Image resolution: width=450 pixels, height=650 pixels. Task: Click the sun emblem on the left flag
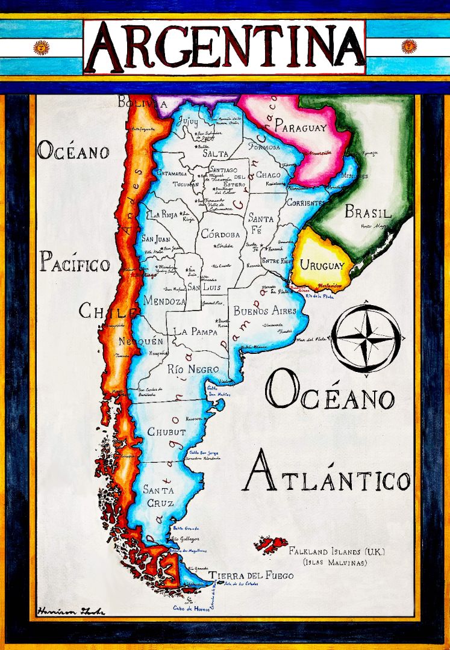click(41, 47)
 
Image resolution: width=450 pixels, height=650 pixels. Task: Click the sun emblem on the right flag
click(409, 46)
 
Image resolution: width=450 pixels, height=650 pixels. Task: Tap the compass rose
click(366, 338)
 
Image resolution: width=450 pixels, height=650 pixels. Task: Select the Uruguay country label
click(322, 265)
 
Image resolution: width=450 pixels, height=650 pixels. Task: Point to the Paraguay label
click(301, 128)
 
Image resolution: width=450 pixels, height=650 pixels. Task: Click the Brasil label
click(367, 212)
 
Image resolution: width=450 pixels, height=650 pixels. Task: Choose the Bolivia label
click(142, 104)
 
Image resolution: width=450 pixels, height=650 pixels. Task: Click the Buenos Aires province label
click(265, 311)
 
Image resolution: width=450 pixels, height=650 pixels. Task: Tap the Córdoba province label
click(220, 234)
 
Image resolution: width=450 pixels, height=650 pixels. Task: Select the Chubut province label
click(167, 432)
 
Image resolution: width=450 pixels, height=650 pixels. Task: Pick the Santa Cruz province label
click(159, 497)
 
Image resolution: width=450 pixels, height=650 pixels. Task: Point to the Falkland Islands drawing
click(270, 545)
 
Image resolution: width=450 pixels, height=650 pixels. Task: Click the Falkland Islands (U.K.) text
click(337, 551)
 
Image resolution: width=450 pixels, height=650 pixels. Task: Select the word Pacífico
click(75, 263)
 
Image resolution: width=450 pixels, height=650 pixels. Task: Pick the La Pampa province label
click(196, 332)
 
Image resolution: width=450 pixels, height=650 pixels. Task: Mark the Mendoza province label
click(164, 301)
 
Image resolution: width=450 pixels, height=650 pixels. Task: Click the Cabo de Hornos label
click(191, 608)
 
